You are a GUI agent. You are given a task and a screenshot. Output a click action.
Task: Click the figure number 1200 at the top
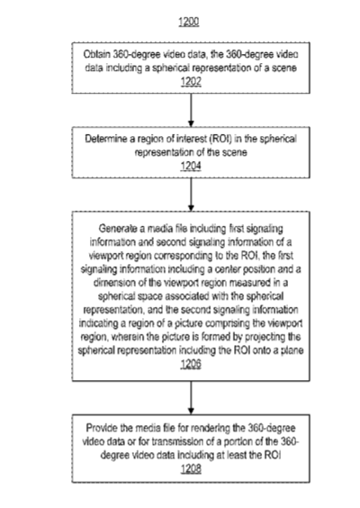(189, 22)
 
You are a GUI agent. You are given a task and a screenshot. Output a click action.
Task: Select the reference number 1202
(191, 81)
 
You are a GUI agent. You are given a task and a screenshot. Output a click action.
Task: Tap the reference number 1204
(191, 166)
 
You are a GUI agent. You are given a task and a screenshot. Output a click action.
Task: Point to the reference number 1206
(191, 364)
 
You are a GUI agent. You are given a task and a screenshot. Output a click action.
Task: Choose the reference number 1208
(191, 468)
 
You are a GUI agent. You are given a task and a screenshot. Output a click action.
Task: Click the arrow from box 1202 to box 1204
(191, 110)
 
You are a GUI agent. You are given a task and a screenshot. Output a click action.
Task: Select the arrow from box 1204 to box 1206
(191, 195)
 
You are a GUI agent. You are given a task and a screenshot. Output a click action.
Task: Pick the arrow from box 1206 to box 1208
(191, 397)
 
